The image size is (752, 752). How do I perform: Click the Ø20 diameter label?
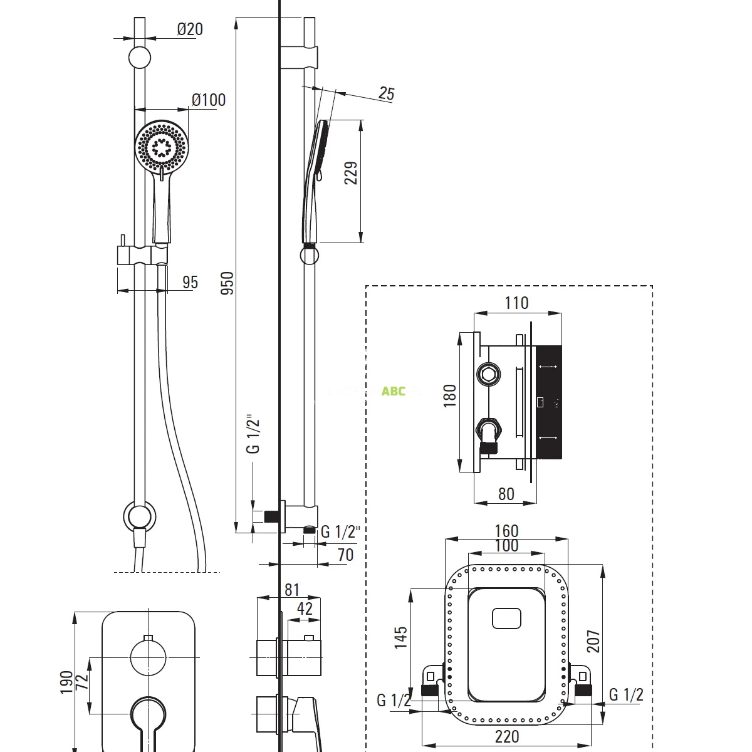pyautogui.click(x=190, y=29)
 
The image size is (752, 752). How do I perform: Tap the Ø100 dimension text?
pyautogui.click(x=209, y=100)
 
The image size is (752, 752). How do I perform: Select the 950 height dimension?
pyautogui.click(x=227, y=283)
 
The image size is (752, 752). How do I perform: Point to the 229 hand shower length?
pyautogui.click(x=352, y=173)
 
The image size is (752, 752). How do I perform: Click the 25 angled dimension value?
pyautogui.click(x=387, y=93)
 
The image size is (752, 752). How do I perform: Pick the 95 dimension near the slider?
pyautogui.click(x=190, y=282)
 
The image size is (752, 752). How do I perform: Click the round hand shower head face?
pyautogui.click(x=160, y=145)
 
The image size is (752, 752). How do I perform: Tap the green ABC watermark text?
pyautogui.click(x=394, y=391)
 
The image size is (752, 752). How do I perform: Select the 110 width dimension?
pyautogui.click(x=516, y=303)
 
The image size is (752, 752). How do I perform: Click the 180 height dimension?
pyautogui.click(x=450, y=396)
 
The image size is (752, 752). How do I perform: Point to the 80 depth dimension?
pyautogui.click(x=506, y=494)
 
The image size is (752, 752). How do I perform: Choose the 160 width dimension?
pyautogui.click(x=506, y=531)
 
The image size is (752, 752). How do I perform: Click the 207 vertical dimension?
pyautogui.click(x=593, y=640)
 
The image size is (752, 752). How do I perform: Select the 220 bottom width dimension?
pyautogui.click(x=506, y=736)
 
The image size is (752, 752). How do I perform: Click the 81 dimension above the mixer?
pyautogui.click(x=292, y=590)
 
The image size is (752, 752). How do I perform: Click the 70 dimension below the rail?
pyautogui.click(x=345, y=555)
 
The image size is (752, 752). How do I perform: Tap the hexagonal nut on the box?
pyautogui.click(x=489, y=375)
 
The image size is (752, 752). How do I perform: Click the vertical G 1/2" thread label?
pyautogui.click(x=253, y=433)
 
